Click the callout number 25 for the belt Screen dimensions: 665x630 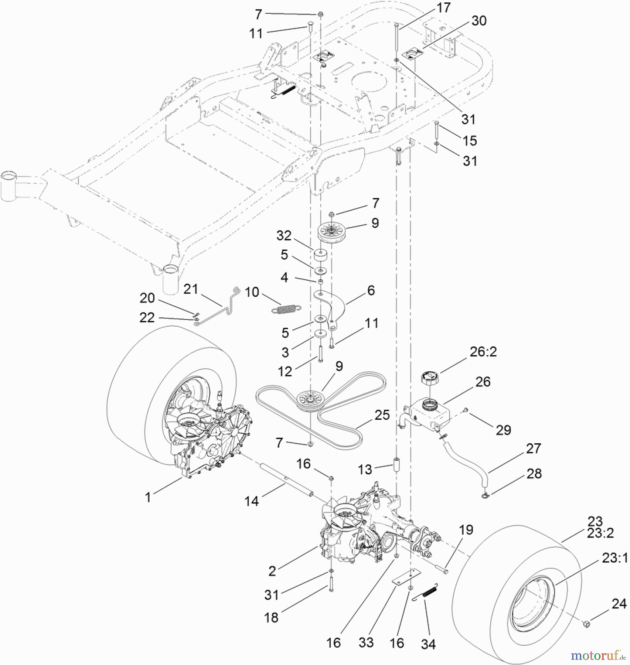382,415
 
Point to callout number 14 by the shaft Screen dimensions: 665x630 252,501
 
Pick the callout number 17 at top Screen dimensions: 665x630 443,7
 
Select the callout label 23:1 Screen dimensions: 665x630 614,558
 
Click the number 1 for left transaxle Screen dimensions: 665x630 148,497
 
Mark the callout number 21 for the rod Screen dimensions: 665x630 191,289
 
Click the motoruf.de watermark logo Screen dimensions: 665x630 598,655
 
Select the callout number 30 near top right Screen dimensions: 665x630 479,21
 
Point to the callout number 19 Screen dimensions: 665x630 466,530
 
